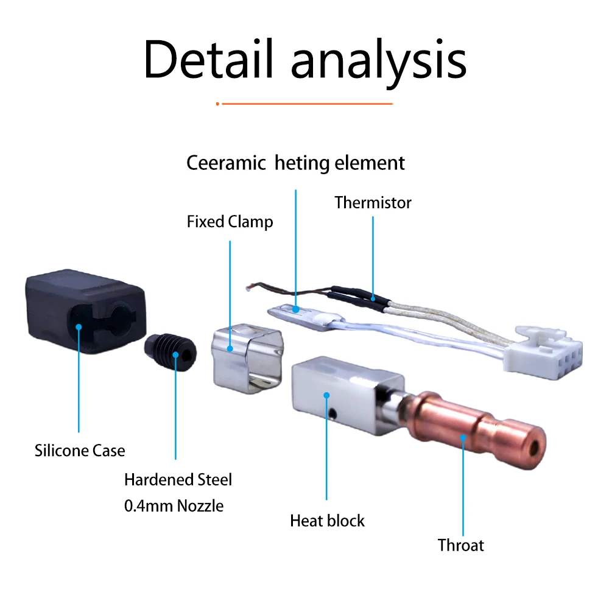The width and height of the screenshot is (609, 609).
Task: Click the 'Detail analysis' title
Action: [x=305, y=60]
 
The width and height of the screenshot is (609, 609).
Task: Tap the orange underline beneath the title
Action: [x=304, y=104]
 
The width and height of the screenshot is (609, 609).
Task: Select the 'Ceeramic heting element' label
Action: [x=295, y=163]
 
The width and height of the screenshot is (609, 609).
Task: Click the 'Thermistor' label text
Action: [x=373, y=203]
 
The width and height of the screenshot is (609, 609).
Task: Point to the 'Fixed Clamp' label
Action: [x=230, y=222]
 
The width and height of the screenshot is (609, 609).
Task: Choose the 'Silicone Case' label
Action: [x=80, y=451]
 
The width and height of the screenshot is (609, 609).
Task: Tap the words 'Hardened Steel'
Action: [x=178, y=480]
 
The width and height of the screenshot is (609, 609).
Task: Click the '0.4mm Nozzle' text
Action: [x=174, y=506]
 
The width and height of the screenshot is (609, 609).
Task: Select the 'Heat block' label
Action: [x=328, y=521]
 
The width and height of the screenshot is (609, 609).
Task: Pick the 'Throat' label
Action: [x=460, y=545]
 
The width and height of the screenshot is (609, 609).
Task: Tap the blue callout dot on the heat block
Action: [x=326, y=395]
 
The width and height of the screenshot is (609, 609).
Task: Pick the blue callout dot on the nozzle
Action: [x=175, y=354]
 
